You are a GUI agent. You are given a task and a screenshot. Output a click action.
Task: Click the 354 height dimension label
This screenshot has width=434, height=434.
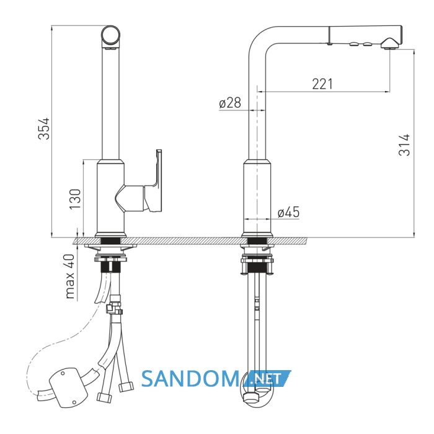pos(44,128)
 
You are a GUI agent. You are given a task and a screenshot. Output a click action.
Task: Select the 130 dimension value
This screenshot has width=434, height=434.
pos(75,199)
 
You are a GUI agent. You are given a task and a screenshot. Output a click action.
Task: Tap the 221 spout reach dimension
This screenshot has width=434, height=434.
pos(322,84)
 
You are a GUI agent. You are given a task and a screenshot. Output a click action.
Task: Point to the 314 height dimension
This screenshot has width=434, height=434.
pos(404,144)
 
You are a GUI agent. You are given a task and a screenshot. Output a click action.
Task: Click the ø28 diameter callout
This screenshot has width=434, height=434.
pos(230,103)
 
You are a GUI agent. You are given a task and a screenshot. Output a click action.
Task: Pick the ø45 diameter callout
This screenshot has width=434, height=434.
pos(289,212)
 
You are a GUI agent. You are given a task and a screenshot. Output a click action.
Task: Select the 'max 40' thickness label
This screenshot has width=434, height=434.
pos(69,276)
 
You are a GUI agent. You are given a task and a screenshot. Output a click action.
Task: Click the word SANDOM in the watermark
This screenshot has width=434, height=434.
pos(190,379)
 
